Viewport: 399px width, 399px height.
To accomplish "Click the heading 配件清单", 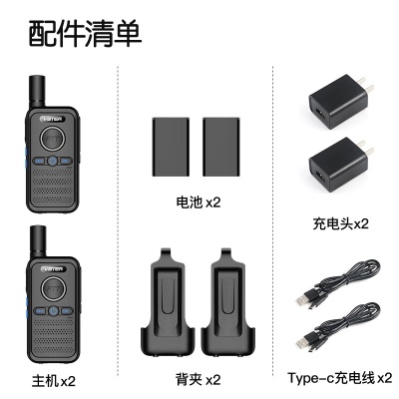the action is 85,34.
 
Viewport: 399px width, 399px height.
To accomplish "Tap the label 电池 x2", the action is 198,202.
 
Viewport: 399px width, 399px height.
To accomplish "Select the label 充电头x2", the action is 340,223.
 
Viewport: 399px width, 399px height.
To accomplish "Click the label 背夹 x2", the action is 199,379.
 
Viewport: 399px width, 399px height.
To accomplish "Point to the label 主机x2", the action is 54,381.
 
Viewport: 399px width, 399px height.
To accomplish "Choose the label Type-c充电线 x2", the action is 340,378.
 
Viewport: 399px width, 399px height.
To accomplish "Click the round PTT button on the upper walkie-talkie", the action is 52,138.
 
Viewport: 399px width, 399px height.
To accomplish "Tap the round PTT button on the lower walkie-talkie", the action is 53,288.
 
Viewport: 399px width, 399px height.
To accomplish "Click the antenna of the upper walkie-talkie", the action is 37,92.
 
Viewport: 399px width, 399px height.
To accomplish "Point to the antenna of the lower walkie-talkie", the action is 38,241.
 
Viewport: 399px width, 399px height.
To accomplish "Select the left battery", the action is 171,147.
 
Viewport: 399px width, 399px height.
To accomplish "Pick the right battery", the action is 221,147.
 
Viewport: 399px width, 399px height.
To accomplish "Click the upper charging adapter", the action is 340,102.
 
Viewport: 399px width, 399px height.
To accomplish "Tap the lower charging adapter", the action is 340,165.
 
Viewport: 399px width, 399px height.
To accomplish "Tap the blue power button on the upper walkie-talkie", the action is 52,162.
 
